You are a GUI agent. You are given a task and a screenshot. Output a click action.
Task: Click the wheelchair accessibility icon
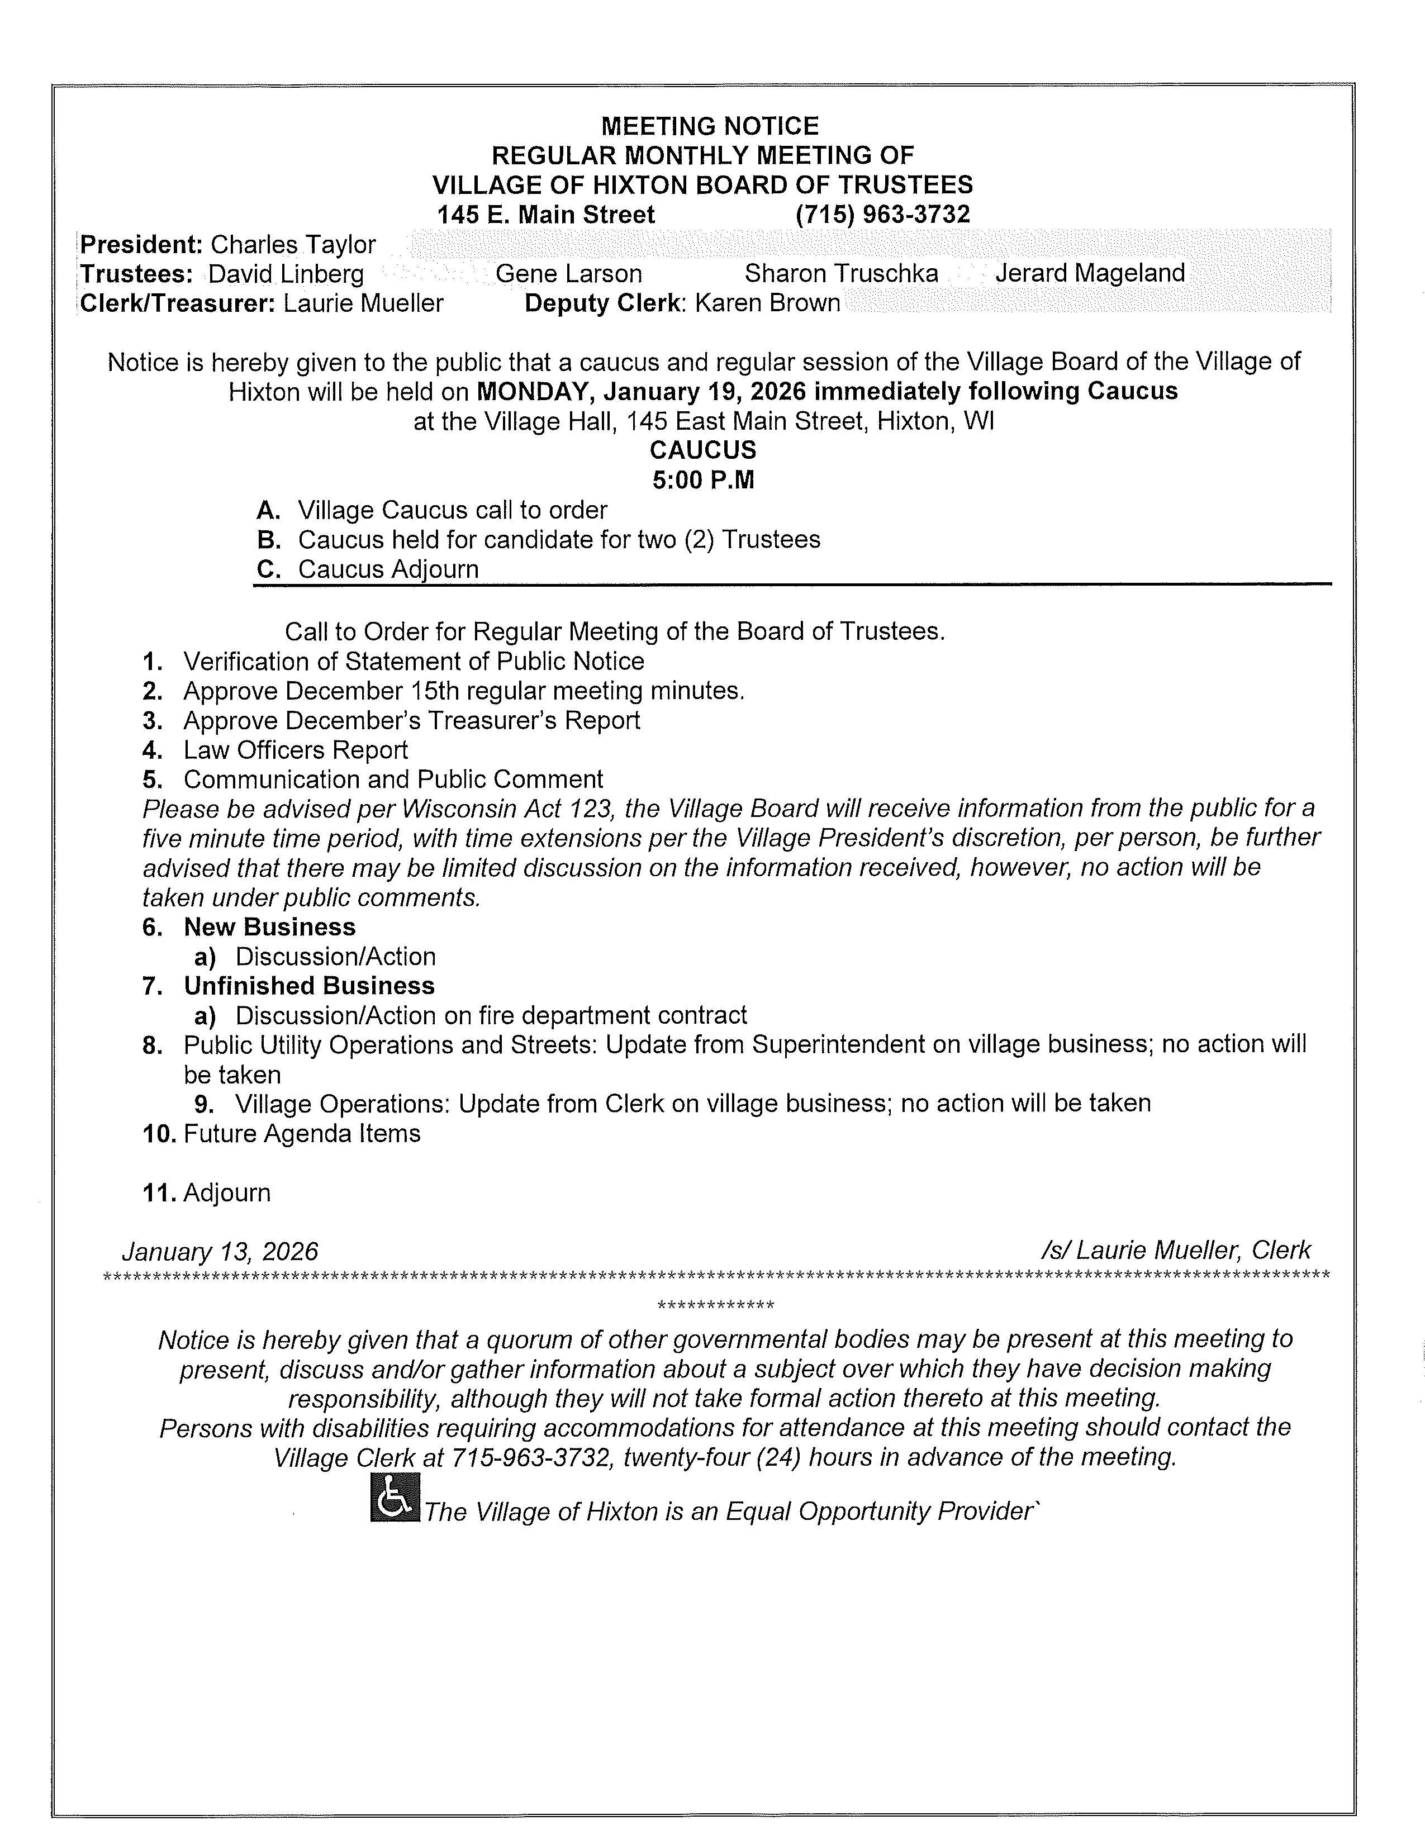394,1497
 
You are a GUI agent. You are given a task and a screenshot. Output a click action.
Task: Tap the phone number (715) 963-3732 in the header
882,215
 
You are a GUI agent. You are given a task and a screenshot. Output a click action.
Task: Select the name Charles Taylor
293,245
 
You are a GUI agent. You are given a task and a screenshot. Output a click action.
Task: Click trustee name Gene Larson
568,274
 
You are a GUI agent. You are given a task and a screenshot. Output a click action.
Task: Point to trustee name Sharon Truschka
841,274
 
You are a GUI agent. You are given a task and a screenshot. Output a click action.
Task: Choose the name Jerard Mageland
1090,274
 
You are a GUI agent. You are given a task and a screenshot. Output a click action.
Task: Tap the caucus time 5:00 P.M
703,481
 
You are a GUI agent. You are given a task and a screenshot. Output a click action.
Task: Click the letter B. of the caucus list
268,540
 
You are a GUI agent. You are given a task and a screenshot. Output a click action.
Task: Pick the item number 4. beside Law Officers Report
152,750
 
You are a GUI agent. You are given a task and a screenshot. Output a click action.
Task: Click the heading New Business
269,927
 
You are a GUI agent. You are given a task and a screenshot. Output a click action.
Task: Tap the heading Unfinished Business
309,986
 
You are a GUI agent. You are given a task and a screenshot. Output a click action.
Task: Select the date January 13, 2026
220,1251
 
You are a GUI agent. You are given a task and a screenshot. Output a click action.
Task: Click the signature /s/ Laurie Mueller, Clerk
1176,1251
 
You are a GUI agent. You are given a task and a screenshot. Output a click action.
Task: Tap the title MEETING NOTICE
709,127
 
